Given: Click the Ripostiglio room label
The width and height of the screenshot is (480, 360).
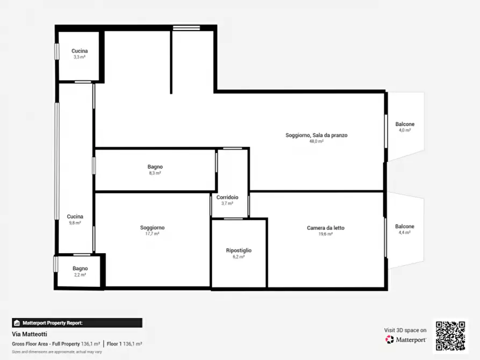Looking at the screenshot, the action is click(239, 250).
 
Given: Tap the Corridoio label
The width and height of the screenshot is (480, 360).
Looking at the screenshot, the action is click(227, 197).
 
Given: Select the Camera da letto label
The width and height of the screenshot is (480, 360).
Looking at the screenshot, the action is click(325, 228).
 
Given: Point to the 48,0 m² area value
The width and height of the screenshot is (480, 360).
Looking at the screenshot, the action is click(316, 141).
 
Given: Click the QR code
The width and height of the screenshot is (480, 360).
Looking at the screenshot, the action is click(450, 335).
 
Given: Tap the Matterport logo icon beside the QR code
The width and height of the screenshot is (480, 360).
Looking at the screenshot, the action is click(389, 340).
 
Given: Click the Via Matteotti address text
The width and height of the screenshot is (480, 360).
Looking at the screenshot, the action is click(30, 334).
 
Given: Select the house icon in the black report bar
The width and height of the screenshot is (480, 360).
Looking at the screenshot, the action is click(17, 322).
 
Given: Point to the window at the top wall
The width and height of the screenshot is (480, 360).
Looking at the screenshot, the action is click(187, 28).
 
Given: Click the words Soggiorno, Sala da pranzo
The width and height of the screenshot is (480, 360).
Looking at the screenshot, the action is click(317, 135).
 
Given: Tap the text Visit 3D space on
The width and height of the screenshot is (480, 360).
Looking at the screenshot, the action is click(405, 330).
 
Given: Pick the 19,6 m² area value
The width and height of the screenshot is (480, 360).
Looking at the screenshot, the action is click(325, 234).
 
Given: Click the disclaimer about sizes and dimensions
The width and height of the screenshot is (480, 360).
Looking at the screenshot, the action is click(56, 352).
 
